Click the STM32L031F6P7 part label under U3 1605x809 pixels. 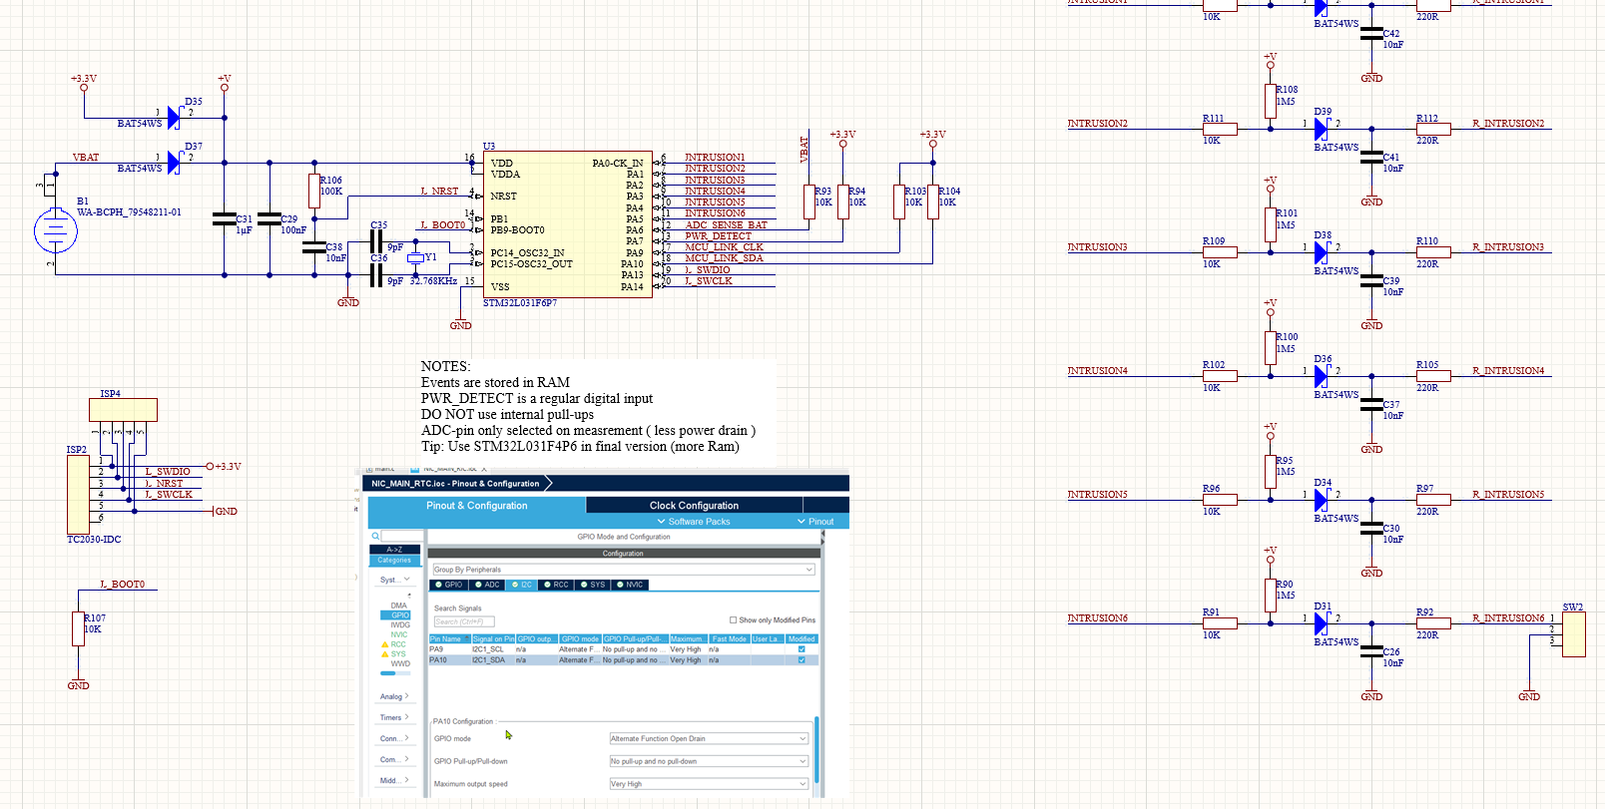pyautogui.click(x=520, y=303)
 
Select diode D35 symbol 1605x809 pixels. pyautogui.click(x=174, y=118)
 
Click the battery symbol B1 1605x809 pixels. pyautogui.click(x=55, y=231)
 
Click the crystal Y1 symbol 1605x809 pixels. pyautogui.click(x=415, y=258)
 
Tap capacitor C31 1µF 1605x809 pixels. pyautogui.click(x=225, y=218)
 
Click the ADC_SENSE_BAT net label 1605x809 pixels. pyautogui.click(x=726, y=225)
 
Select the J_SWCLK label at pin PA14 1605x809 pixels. pyautogui.click(x=709, y=281)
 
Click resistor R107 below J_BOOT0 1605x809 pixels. pyautogui.click(x=78, y=629)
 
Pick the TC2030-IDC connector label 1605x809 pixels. pyautogui.click(x=94, y=540)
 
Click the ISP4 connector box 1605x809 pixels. pyautogui.click(x=123, y=409)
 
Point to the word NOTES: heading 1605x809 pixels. pyautogui.click(x=445, y=366)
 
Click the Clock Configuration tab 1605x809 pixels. pyautogui.click(x=694, y=506)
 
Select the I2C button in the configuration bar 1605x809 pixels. pyautogui.click(x=521, y=585)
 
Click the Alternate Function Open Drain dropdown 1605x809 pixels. pyautogui.click(x=709, y=739)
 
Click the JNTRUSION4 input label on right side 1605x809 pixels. pyautogui.click(x=1097, y=371)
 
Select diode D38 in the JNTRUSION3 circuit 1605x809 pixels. pyautogui.click(x=1322, y=252)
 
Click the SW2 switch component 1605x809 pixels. pyautogui.click(x=1573, y=634)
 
